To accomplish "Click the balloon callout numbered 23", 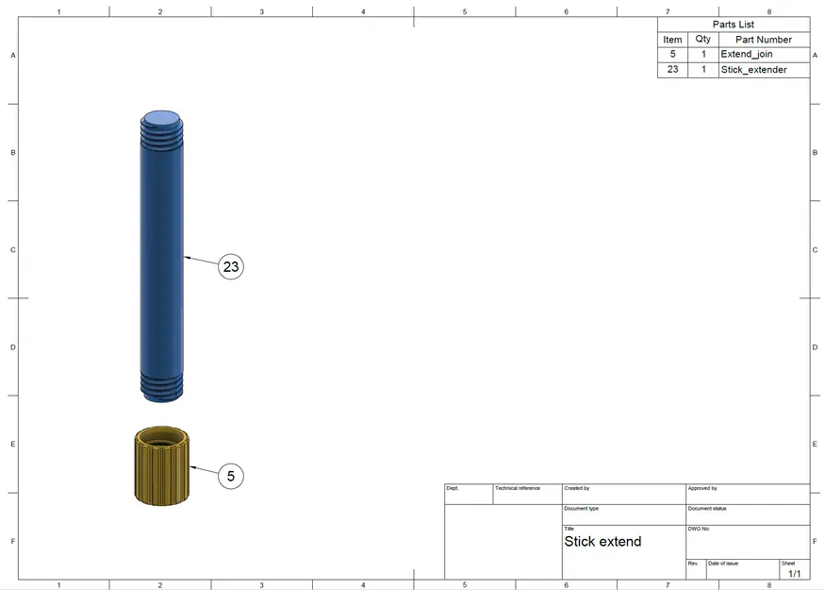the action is coord(231,266).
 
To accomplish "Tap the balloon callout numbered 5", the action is coord(231,476).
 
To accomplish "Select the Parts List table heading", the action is coord(734,25).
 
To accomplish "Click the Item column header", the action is coord(672,40).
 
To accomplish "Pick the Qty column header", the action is coord(703,39).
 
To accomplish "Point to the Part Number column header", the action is coord(764,40).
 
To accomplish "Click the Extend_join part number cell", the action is coord(747,54).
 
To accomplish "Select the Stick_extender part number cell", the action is coord(754,70).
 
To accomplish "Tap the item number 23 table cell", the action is coord(672,70).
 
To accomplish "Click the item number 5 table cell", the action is coord(672,54).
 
